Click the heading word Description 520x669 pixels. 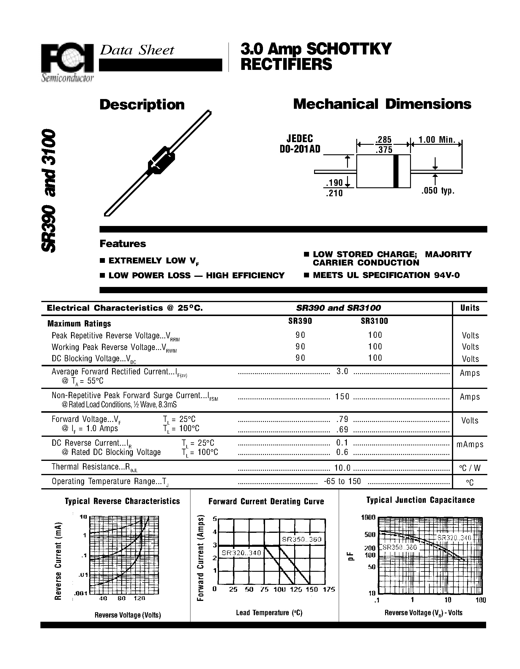pyautogui.click(x=142, y=105)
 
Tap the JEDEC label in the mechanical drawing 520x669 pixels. pyautogui.click(x=300, y=139)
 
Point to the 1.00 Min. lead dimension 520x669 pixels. pyautogui.click(x=437, y=140)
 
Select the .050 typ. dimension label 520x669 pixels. pyautogui.click(x=438, y=191)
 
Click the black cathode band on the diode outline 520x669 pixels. pyautogui.click(x=396, y=171)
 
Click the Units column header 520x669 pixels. pyautogui.click(x=470, y=308)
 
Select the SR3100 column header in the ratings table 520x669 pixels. pyautogui.click(x=374, y=321)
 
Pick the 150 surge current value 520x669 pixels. pyautogui.click(x=342, y=397)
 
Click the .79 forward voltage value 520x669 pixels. pyautogui.click(x=342, y=419)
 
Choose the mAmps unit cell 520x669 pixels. pyautogui.click(x=470, y=445)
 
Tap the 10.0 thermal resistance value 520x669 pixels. pyautogui.click(x=342, y=468)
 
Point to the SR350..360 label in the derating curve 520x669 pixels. pyautogui.click(x=302, y=539)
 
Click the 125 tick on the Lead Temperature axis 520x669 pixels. pyautogui.click(x=296, y=589)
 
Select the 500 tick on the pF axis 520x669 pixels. pyautogui.click(x=370, y=535)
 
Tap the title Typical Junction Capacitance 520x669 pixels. pyautogui.click(x=420, y=500)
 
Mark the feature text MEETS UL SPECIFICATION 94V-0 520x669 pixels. pyautogui.click(x=386, y=275)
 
